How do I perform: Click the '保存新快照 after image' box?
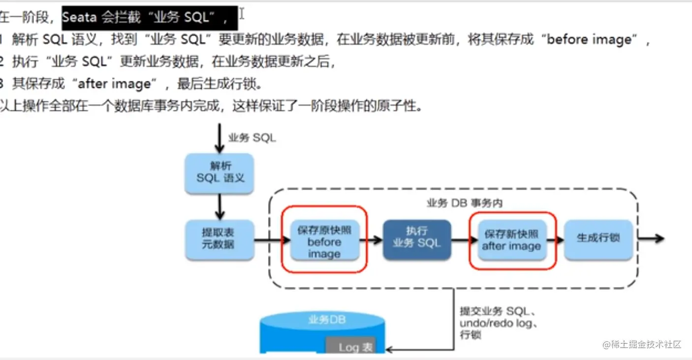(512, 240)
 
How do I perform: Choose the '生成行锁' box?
(598, 238)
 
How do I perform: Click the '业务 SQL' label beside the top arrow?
(252, 138)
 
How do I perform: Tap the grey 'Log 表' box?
(351, 346)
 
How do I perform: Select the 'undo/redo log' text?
(497, 323)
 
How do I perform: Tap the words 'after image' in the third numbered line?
(114, 84)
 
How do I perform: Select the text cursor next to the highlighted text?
(242, 15)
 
